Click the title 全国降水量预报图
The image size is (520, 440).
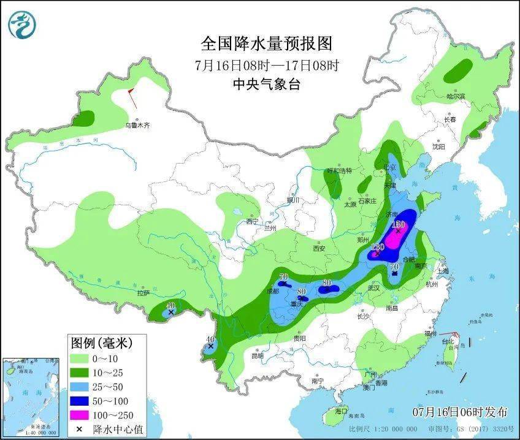(x=266, y=44)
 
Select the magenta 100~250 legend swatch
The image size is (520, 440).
(x=78, y=415)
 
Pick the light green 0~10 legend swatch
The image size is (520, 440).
(x=78, y=357)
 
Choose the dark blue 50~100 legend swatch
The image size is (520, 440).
(x=78, y=400)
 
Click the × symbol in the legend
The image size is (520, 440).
(x=78, y=429)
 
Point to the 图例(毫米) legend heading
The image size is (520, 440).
(x=101, y=341)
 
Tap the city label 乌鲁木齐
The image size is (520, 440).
(x=137, y=125)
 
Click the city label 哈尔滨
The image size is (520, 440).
(x=456, y=96)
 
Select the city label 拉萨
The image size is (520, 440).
(x=143, y=293)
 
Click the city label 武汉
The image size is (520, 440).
(x=374, y=287)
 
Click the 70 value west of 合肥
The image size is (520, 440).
(x=395, y=267)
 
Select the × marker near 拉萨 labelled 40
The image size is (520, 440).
(x=170, y=313)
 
